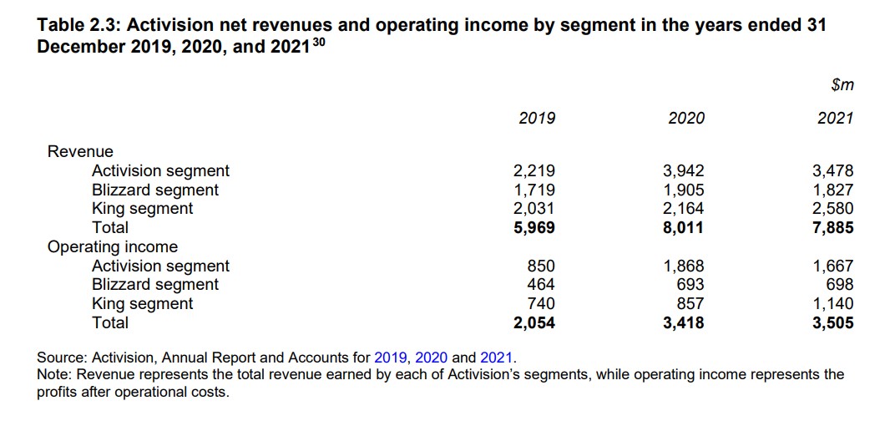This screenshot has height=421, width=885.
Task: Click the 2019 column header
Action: point(536,118)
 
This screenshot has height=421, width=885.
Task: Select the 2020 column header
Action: point(686,118)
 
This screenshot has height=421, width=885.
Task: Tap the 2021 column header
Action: point(835,118)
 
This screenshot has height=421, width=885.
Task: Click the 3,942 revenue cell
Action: point(683,171)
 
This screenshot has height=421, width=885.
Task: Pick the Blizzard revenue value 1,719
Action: point(534,190)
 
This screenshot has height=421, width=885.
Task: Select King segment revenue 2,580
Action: point(833,208)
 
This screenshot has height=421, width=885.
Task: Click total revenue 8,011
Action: point(683,227)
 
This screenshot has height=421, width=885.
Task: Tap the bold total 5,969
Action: point(534,227)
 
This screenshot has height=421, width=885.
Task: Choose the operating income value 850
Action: point(541,266)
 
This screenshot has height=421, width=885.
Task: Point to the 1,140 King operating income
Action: point(833,304)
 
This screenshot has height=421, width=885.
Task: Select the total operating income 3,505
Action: point(833,322)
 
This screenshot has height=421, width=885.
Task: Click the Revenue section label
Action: point(80,151)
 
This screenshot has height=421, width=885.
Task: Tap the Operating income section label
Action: point(113,246)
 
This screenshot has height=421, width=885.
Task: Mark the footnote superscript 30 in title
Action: point(318,41)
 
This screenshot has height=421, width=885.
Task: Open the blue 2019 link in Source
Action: point(391,357)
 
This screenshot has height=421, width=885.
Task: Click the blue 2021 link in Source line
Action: point(496,357)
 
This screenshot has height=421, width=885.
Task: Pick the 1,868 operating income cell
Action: point(683,266)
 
